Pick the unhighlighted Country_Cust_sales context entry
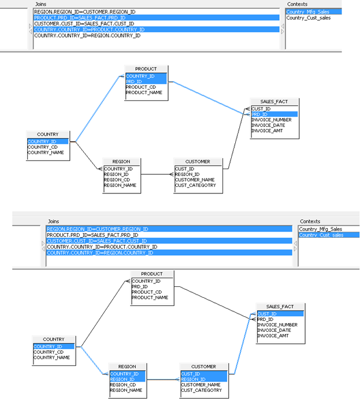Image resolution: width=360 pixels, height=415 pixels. pos(308,18)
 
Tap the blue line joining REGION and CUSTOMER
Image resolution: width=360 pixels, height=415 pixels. pos(161,379)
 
